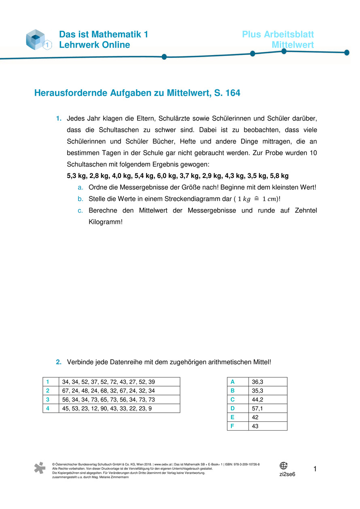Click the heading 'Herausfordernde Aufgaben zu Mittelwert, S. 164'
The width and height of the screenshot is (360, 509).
[x=137, y=93]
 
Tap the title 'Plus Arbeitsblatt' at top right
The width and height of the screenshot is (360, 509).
[x=277, y=35]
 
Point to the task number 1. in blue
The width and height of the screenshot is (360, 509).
[x=59, y=118]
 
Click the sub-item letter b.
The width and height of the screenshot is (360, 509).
[x=80, y=199]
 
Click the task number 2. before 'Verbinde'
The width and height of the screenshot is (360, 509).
[x=59, y=362]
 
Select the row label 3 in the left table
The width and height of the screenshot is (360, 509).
[x=48, y=399]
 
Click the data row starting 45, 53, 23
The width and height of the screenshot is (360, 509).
[x=107, y=408]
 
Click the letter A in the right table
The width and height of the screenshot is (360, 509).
[x=232, y=382]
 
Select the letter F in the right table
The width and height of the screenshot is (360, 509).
[x=232, y=426]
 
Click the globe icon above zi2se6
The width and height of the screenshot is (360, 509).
[x=284, y=466]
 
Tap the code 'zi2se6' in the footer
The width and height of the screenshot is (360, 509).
[x=287, y=474]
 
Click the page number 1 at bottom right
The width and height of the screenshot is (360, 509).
[x=315, y=469]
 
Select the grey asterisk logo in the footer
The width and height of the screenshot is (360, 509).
[x=40, y=468]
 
